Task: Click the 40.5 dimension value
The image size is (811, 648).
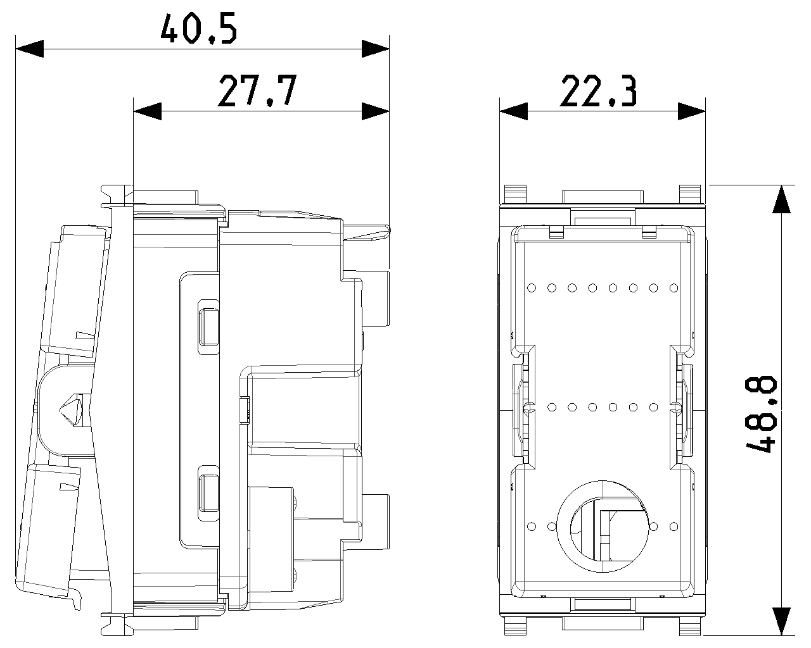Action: click(198, 28)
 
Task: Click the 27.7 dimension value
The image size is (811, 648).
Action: click(257, 90)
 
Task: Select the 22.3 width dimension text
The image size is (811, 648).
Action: click(599, 90)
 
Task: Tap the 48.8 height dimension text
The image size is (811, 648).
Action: click(762, 414)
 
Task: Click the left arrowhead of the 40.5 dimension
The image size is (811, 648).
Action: click(29, 49)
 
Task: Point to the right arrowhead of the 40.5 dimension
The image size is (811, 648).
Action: click(375, 49)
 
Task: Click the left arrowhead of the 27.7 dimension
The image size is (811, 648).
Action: click(148, 111)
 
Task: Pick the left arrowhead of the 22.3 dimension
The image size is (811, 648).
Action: click(514, 111)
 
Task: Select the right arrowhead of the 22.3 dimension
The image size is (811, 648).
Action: click(691, 111)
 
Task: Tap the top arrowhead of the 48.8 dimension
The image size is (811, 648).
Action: click(782, 199)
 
